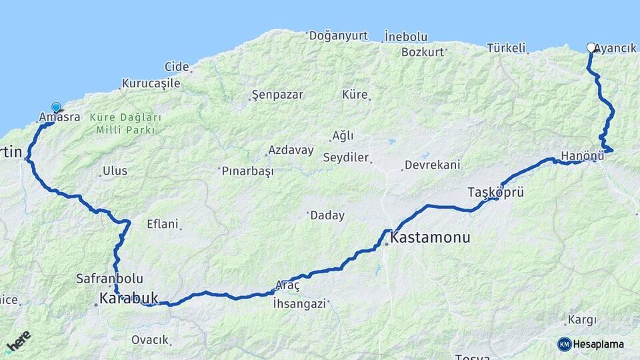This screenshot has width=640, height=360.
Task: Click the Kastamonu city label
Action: click(x=431, y=237)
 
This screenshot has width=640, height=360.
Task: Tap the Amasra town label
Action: click(x=60, y=117)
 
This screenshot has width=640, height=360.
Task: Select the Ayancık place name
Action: click(x=615, y=48)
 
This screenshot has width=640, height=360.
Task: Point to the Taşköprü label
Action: click(x=495, y=193)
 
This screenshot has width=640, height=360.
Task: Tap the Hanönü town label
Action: click(x=583, y=156)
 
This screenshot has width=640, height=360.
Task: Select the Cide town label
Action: click(x=177, y=66)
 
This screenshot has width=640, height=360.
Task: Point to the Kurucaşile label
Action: click(x=151, y=84)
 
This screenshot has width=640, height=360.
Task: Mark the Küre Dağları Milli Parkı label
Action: click(x=125, y=123)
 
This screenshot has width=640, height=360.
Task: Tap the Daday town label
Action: click(x=327, y=215)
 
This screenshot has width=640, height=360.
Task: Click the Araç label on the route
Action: click(x=288, y=285)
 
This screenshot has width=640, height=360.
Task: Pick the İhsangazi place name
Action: click(x=299, y=304)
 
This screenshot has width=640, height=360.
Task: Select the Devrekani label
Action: click(x=433, y=165)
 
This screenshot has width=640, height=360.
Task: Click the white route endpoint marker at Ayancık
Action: click(x=591, y=47)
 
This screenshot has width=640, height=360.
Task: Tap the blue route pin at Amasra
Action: click(x=56, y=107)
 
